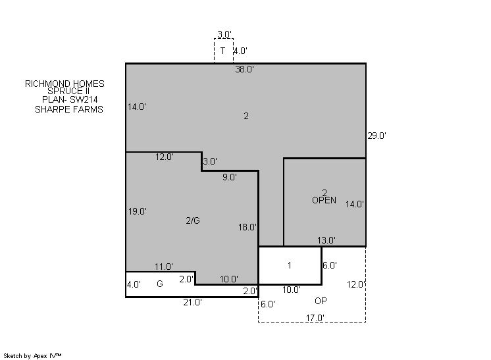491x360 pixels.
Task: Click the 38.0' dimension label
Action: tap(245, 69)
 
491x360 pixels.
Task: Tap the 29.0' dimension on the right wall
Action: tap(376, 136)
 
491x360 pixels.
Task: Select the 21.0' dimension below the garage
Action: tap(193, 302)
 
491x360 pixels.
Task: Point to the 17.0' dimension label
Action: tap(315, 318)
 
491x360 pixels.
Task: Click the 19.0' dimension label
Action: tap(138, 211)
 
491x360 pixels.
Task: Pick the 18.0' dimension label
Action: tap(247, 227)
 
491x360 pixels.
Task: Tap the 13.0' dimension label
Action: tap(326, 240)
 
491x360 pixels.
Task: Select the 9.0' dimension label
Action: tap(230, 177)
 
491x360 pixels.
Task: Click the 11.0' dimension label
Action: tap(164, 267)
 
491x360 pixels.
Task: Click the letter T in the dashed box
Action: tap(222, 51)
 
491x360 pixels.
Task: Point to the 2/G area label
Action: tap(193, 220)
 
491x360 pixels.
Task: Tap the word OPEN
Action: tap(324, 200)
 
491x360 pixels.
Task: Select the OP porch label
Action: tap(321, 301)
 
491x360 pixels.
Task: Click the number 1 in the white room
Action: tap(290, 265)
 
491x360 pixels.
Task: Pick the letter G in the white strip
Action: tap(160, 284)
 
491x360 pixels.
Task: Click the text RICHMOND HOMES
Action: tap(65, 84)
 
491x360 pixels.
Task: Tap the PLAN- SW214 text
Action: tap(70, 99)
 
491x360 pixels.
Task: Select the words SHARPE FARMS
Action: tap(69, 109)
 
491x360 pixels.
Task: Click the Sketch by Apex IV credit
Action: tap(32, 356)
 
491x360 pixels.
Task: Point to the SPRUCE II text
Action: tap(68, 91)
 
